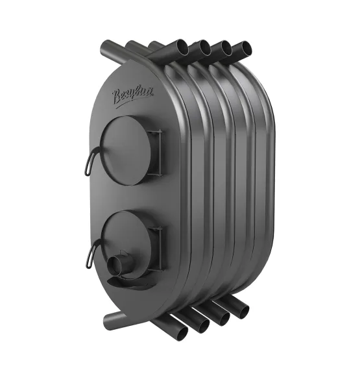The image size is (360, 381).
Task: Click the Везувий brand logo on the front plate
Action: point(132,97)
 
